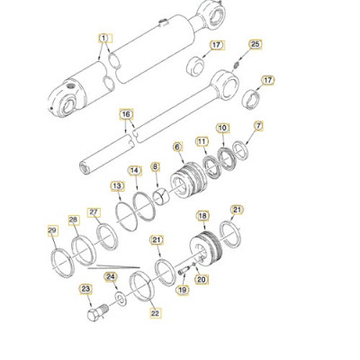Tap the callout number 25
255,44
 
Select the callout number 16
126,114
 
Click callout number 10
222,129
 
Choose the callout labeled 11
202,141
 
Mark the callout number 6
177,146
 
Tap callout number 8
155,166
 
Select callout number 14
134,170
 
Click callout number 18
202,217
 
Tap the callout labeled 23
86,289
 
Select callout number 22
155,313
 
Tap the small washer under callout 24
120,298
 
